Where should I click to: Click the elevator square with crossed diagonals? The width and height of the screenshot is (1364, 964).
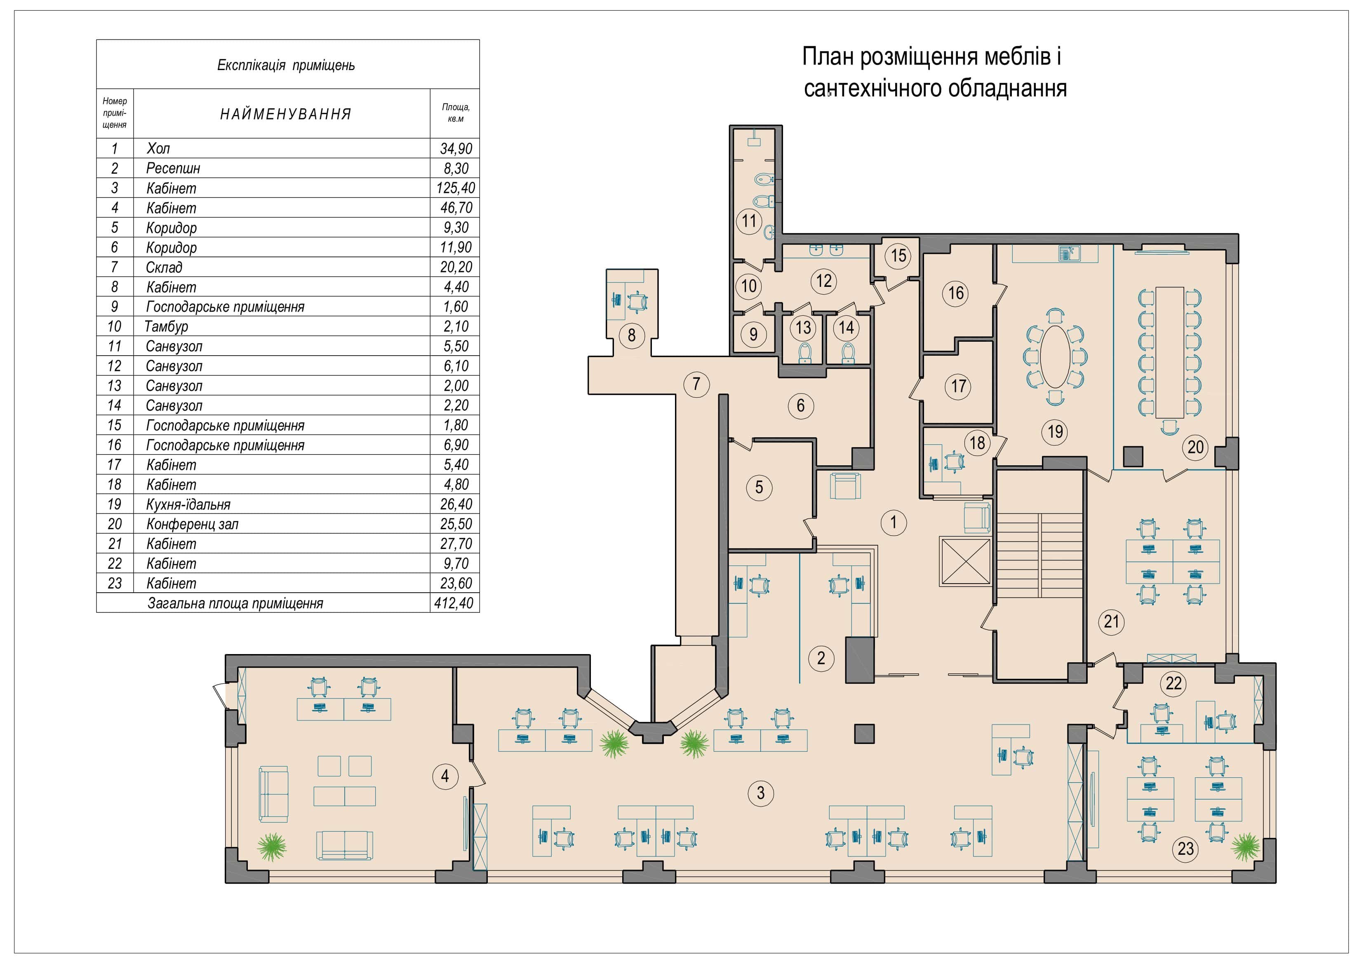coord(965,561)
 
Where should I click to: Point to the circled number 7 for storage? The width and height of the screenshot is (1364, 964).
coord(696,384)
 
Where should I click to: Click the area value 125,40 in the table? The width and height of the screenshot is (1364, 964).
coord(456,188)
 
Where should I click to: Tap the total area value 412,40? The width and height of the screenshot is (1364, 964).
coord(454,603)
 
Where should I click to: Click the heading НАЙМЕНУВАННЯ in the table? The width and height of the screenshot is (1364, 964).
coord(286,114)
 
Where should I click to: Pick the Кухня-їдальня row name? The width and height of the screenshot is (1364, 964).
coord(188,504)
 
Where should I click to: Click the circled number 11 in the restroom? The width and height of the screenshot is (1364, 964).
coord(749,221)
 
